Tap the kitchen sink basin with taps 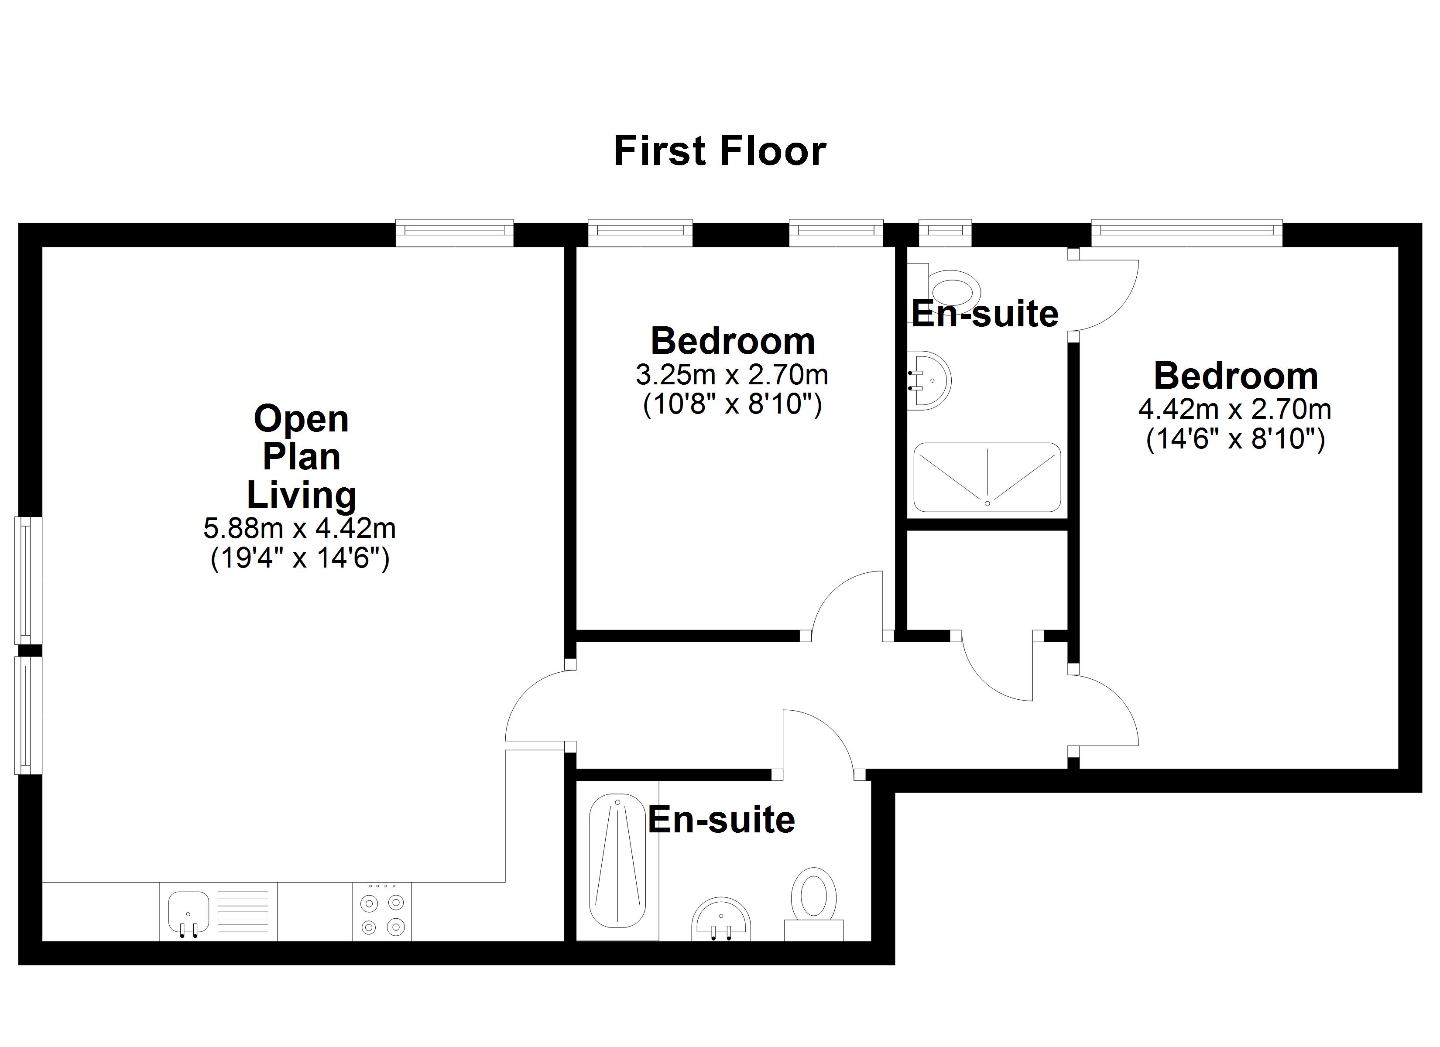pyautogui.click(x=188, y=912)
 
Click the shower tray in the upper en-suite pyautogui.click(x=987, y=477)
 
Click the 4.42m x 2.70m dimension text pyautogui.click(x=1234, y=410)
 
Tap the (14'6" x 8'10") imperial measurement pyautogui.click(x=1235, y=439)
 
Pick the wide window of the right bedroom pyautogui.click(x=1186, y=233)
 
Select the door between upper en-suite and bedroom pyautogui.click(x=1105, y=295)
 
